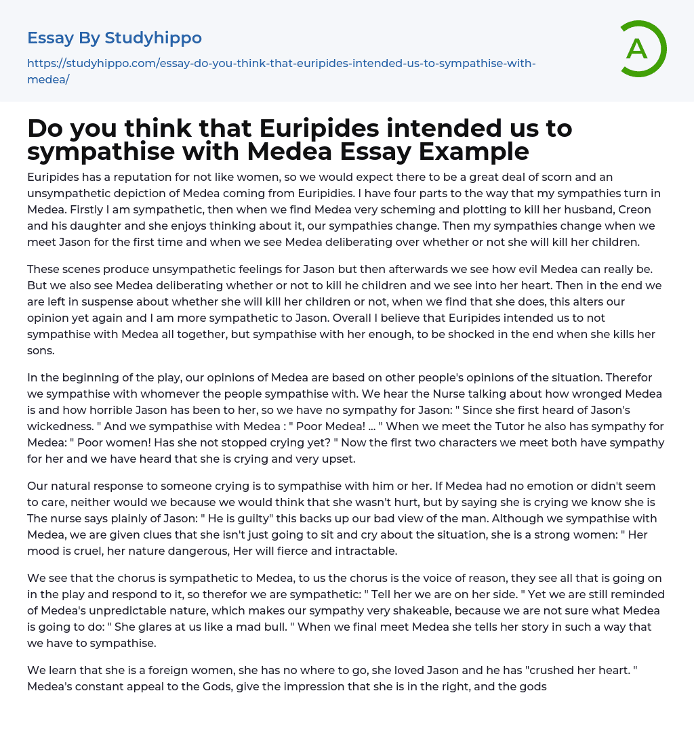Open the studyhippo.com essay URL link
click(281, 71)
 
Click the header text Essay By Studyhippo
click(115, 38)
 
